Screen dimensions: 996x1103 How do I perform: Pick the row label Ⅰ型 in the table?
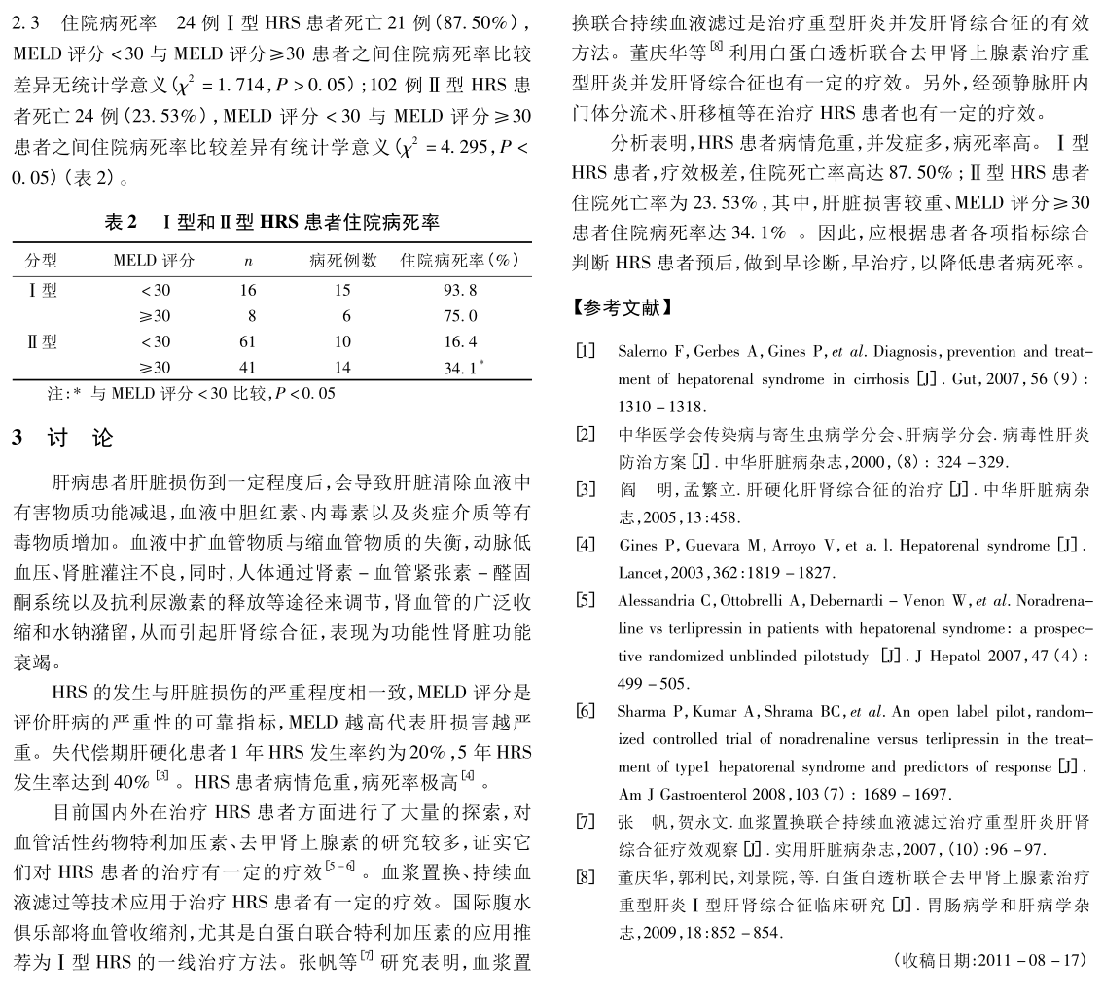pyautogui.click(x=42, y=290)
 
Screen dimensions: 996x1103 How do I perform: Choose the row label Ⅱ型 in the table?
pyautogui.click(x=42, y=341)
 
